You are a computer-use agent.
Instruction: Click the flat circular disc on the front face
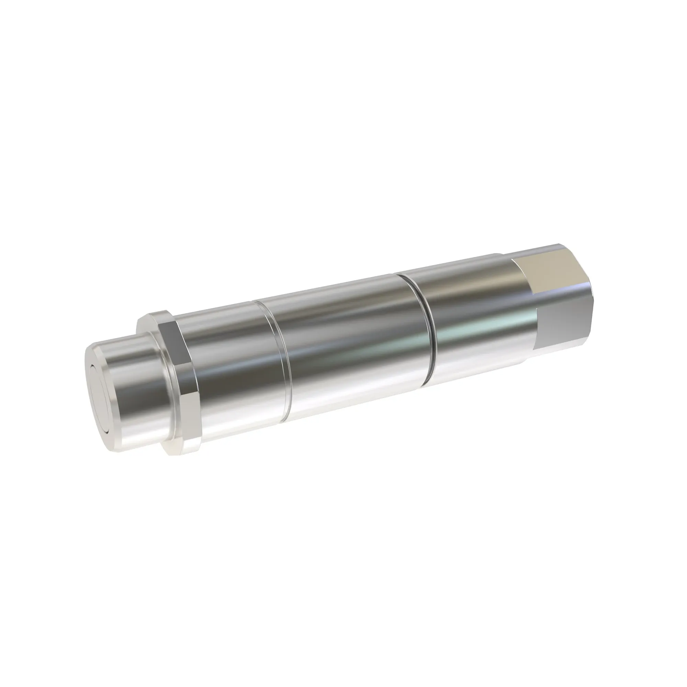[98, 384]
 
